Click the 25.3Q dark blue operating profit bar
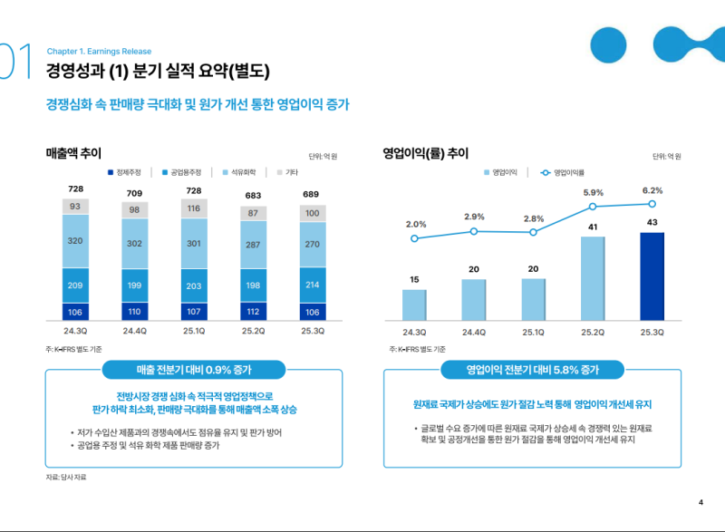652,276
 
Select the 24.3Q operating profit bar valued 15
414,304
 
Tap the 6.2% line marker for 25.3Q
652,204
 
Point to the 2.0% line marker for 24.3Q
414,238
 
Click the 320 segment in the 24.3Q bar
76,241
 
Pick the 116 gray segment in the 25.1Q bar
194,208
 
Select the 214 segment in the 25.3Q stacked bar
312,284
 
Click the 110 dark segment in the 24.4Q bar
135,311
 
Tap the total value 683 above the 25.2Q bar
254,196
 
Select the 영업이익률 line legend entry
563,172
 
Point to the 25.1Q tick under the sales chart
194,332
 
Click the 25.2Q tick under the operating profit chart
593,332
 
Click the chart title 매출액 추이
73,152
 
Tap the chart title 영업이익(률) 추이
425,152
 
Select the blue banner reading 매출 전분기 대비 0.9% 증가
194,370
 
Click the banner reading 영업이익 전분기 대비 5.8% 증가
532,370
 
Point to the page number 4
701,502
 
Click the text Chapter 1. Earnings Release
99,52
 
